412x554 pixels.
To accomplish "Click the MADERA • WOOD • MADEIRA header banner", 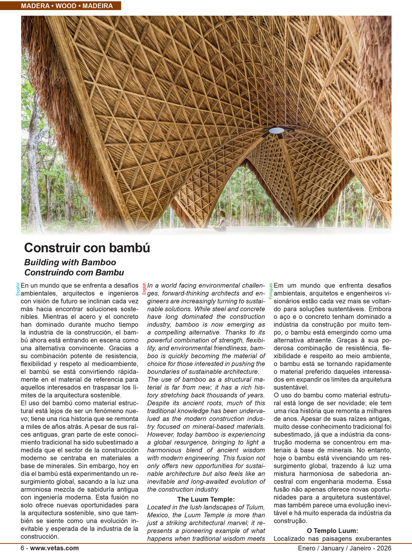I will (67, 6).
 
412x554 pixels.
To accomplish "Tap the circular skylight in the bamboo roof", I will (276, 130).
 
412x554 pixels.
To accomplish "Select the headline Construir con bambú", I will (87, 248).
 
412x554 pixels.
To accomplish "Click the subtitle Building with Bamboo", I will (70, 262).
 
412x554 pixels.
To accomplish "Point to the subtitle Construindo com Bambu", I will (74, 272).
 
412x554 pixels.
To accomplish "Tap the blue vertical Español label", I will (17, 289).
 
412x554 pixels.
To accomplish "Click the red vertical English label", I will (144, 289).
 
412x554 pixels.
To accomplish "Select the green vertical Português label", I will (270, 291).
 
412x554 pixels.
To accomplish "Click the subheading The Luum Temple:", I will (206, 499).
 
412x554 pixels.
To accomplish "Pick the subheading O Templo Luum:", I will (332, 531).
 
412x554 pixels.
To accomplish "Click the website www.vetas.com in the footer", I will (54, 548).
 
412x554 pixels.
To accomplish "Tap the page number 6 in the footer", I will (22, 548).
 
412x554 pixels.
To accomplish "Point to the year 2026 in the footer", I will (384, 548).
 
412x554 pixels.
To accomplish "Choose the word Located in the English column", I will (159, 507).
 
